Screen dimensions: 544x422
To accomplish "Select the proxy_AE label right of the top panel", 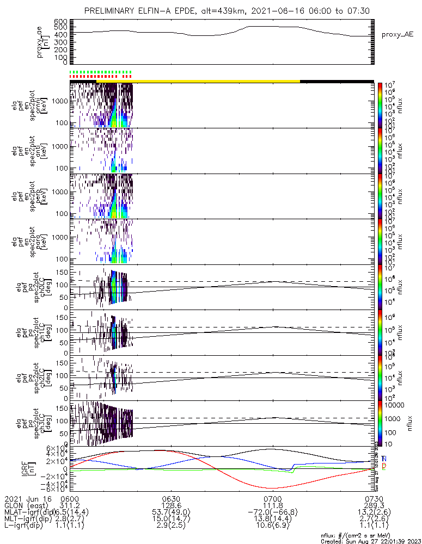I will click(398, 34).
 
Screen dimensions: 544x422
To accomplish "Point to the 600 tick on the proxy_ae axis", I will click(60, 21).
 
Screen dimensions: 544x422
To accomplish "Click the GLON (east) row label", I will click(27, 505).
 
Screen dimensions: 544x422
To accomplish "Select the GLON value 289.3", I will click(374, 505).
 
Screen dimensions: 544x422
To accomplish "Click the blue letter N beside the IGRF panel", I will click(384, 459).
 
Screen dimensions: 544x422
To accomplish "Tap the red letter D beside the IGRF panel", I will click(384, 467).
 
